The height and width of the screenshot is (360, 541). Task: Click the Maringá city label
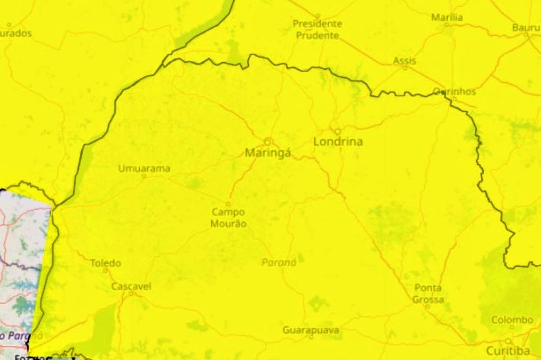(x=268, y=153)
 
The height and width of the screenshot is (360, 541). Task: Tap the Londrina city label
(x=338, y=141)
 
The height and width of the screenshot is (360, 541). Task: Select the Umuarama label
(x=144, y=168)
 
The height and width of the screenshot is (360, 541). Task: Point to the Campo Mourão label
(x=228, y=218)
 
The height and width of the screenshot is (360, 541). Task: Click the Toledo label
(x=105, y=263)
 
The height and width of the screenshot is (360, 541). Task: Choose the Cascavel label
(x=131, y=286)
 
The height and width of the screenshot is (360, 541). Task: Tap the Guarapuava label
(x=310, y=330)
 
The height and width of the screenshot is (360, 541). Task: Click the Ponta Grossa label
(x=428, y=293)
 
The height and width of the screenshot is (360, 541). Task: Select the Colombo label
(x=512, y=320)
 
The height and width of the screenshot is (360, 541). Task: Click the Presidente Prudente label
(x=317, y=30)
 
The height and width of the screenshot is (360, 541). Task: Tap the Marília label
(x=447, y=17)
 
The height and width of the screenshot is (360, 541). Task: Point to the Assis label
(x=405, y=61)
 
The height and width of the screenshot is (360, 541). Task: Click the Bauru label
(x=525, y=28)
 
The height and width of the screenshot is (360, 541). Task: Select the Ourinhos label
(x=454, y=91)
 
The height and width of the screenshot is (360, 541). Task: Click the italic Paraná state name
(x=279, y=262)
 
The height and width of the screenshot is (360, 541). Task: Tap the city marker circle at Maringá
(x=267, y=141)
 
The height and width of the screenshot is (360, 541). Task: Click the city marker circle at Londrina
(x=337, y=130)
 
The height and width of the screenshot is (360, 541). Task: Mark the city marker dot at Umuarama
(x=144, y=176)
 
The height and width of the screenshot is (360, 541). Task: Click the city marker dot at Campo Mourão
(x=228, y=204)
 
